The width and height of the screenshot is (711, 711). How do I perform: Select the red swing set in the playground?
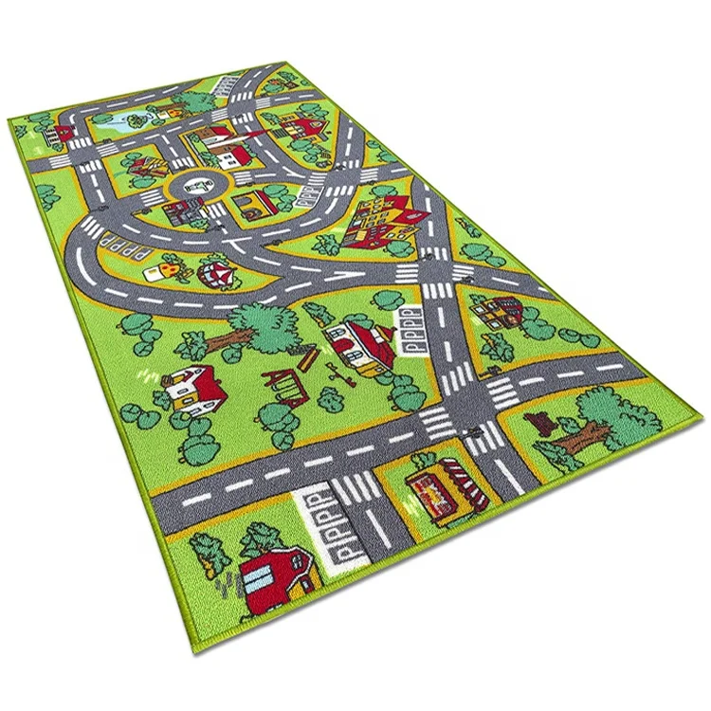[283, 383]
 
